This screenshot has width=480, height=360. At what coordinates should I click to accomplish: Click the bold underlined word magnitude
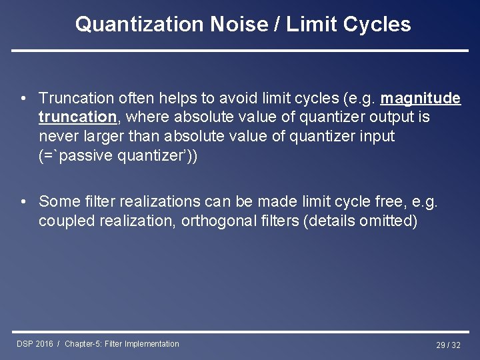click(420, 99)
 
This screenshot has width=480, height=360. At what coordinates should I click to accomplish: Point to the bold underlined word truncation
click(77, 117)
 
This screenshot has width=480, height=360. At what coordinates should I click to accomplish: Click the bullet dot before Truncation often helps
click(23, 99)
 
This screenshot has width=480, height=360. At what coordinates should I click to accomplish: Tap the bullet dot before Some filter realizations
click(23, 201)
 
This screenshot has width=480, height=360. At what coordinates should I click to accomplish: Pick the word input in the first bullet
click(377, 136)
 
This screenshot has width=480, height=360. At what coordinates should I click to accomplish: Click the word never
click(59, 136)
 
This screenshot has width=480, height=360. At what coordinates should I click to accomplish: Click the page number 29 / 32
click(448, 345)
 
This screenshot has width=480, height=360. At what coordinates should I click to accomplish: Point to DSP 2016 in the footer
click(35, 344)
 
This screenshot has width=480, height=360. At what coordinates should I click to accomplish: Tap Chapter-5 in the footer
click(83, 344)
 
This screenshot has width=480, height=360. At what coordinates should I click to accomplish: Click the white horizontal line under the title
click(240, 51)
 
